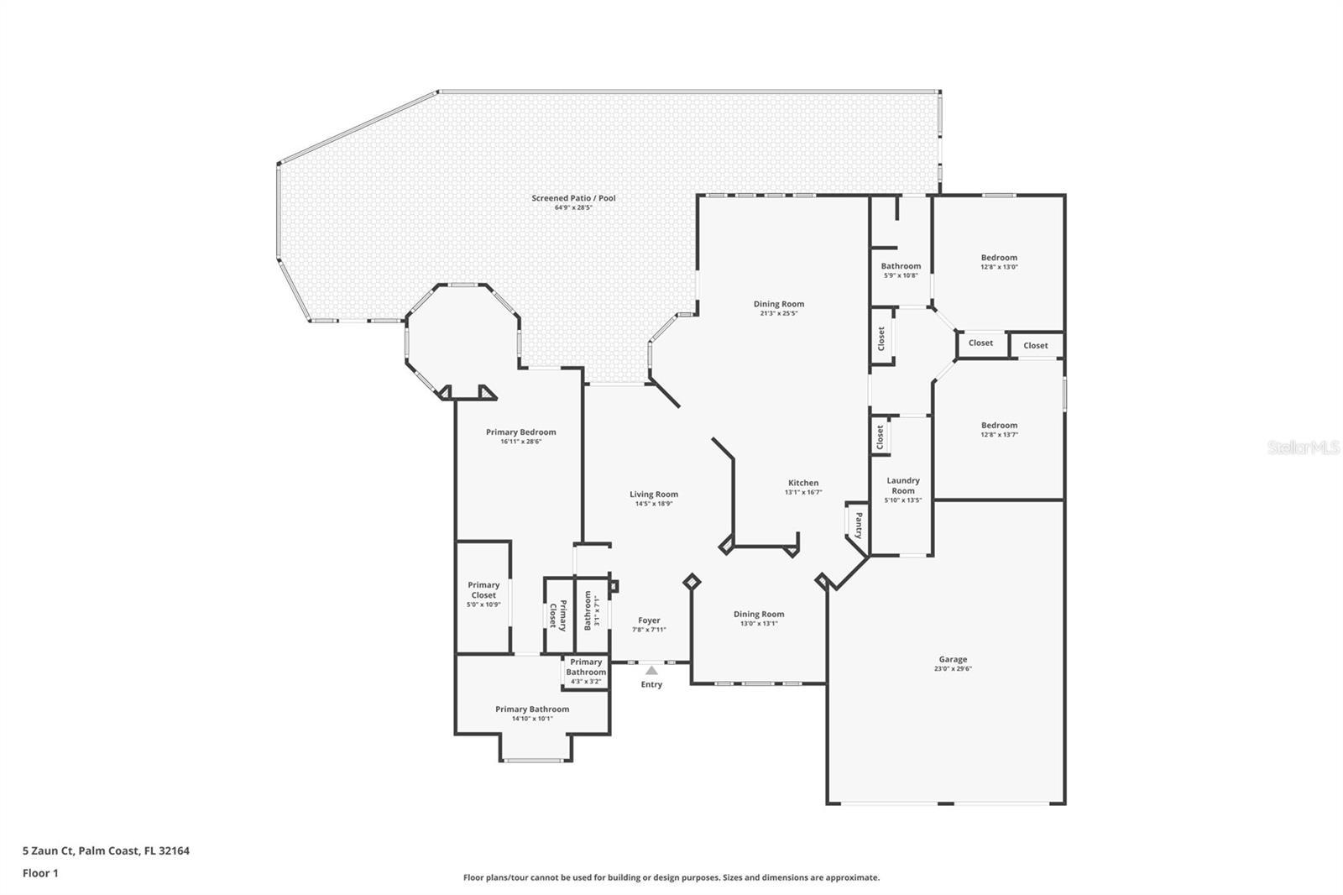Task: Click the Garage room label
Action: tap(953, 659)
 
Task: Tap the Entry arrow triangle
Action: tap(651, 671)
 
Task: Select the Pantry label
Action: tap(858, 526)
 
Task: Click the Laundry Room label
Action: tap(903, 485)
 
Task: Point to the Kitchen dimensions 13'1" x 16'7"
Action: tap(802, 493)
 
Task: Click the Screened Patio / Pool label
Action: tap(573, 198)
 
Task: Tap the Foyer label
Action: tap(649, 620)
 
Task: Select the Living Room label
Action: tap(654, 495)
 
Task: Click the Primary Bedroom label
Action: tap(520, 432)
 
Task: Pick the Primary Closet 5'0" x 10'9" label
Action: tap(483, 594)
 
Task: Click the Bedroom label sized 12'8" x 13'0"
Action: tap(999, 258)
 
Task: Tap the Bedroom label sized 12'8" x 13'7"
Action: tap(999, 426)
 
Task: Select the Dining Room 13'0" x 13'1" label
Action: tap(759, 614)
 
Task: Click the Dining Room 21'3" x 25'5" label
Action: tap(779, 304)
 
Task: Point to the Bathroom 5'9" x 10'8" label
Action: tap(901, 266)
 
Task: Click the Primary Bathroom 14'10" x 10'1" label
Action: tap(532, 709)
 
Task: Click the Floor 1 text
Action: tap(40, 873)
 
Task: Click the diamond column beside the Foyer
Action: tap(692, 581)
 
